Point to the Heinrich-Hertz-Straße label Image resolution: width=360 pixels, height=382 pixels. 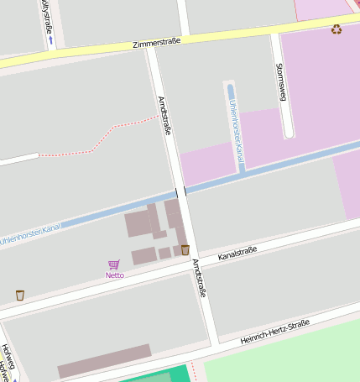pos(274,332)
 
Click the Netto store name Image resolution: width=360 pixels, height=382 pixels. pos(115,275)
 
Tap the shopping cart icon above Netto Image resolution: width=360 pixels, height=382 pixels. pos(114,264)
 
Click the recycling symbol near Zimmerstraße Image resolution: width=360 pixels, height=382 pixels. pos(337,29)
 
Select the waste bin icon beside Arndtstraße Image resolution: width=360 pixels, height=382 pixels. pos(185,249)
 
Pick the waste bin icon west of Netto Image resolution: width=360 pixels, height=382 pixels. pos(20,295)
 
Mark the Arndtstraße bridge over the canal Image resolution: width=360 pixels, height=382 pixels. pos(181,191)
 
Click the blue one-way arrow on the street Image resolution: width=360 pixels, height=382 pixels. pos(50,39)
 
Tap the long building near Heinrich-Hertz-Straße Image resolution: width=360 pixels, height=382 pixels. pos(104,360)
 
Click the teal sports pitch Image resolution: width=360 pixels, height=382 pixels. pos(159,375)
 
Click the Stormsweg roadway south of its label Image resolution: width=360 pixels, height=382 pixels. pos(286,118)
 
